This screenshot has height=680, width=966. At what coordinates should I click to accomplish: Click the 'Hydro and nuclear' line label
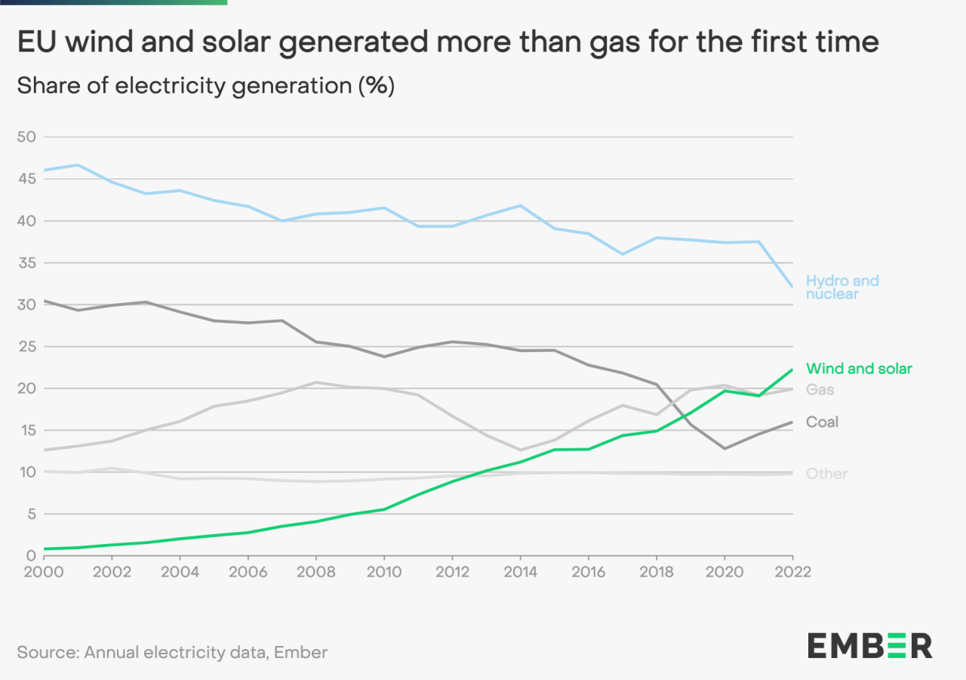coord(842,287)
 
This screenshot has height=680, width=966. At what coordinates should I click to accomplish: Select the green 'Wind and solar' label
coord(859,369)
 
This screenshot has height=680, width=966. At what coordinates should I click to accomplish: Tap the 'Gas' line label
coord(820,390)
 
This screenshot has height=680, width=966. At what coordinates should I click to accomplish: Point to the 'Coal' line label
coord(823,422)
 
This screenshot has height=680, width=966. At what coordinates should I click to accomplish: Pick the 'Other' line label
coord(827,474)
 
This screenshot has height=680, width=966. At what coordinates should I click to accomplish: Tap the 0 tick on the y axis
coord(31,556)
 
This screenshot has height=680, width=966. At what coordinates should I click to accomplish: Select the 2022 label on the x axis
coord(792,571)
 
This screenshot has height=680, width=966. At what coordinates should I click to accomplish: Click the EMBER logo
coord(870,646)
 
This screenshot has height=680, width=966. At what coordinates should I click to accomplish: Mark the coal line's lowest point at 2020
coord(724,449)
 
